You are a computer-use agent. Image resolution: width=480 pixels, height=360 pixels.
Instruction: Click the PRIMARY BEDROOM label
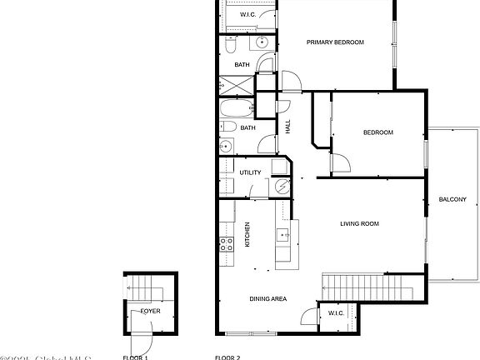click(x=335, y=42)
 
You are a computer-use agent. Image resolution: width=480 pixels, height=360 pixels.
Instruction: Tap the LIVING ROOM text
click(x=359, y=223)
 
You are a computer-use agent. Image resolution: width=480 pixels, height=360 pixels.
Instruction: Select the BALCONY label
click(x=452, y=199)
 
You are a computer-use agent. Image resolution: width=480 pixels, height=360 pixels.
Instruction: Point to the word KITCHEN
click(x=247, y=235)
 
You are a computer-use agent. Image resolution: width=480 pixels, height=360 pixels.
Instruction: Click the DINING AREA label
click(x=268, y=298)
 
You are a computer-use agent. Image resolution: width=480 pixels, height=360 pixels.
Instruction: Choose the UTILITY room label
click(x=250, y=172)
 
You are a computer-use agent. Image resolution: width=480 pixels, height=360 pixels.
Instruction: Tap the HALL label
click(x=288, y=127)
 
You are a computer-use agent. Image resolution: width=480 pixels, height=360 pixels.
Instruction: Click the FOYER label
click(x=150, y=311)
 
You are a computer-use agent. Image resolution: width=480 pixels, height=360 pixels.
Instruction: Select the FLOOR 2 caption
click(x=227, y=357)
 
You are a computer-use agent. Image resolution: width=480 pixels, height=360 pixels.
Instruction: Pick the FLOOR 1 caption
click(x=135, y=357)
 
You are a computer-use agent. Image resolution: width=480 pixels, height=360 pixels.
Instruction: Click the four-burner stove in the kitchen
click(x=226, y=243)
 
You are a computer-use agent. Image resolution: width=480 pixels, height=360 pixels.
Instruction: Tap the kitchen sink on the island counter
click(x=282, y=233)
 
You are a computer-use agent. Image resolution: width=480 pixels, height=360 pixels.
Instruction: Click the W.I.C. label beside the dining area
click(x=336, y=313)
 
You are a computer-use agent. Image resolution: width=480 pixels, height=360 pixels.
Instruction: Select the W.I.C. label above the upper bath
click(x=247, y=15)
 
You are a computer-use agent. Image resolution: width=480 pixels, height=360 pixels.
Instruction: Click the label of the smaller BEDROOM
click(x=377, y=132)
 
